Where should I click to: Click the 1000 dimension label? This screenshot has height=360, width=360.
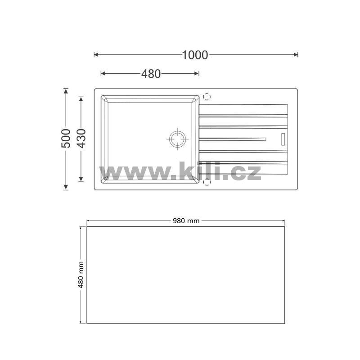(195, 55)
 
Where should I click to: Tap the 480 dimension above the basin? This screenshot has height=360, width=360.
(151, 74)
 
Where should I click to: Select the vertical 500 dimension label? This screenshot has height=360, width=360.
(66, 139)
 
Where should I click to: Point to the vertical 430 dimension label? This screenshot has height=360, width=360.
(81, 139)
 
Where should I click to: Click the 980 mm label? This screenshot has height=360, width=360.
(186, 221)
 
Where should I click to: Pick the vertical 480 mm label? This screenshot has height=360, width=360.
(81, 274)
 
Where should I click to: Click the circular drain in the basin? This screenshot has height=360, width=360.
(177, 139)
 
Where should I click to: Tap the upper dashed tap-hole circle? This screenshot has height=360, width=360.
(207, 97)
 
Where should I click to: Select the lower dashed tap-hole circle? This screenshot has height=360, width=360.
(207, 182)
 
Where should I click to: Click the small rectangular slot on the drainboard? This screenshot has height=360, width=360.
(283, 139)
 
